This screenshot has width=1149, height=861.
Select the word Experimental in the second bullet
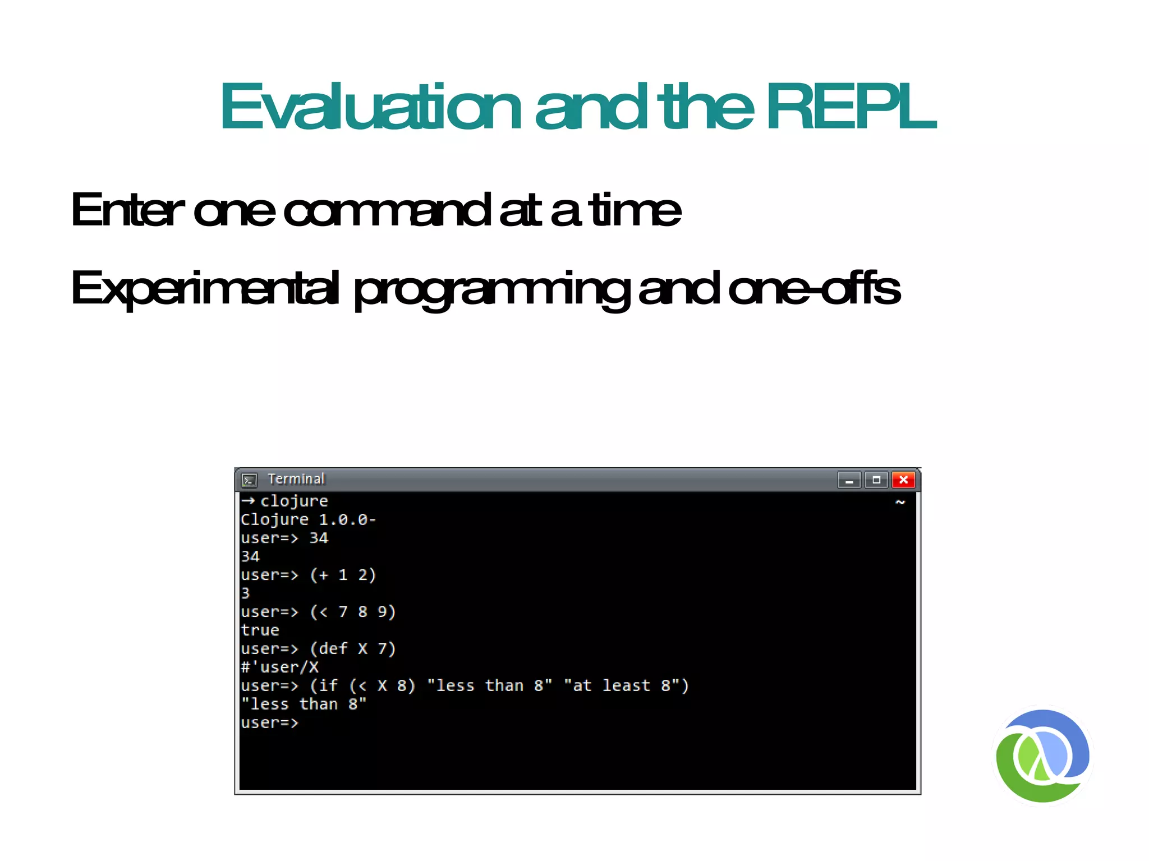(x=205, y=288)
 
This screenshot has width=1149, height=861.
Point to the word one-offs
(x=814, y=288)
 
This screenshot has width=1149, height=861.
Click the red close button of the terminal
(x=903, y=480)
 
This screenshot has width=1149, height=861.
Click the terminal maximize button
(x=876, y=480)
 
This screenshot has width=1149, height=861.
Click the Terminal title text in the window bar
(x=296, y=479)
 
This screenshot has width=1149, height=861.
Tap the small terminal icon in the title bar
(x=249, y=480)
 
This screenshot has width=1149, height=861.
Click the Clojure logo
(x=1042, y=756)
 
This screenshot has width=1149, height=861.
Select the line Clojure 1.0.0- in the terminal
(x=308, y=519)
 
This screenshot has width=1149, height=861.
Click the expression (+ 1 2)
(x=343, y=575)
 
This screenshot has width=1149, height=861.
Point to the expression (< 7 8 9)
(x=353, y=612)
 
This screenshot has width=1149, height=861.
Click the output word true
(x=260, y=630)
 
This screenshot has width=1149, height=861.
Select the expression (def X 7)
(x=353, y=649)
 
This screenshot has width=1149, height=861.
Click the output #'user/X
(x=279, y=667)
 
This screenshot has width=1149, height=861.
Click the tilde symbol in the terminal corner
(x=900, y=502)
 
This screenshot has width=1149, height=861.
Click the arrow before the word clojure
(x=249, y=500)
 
